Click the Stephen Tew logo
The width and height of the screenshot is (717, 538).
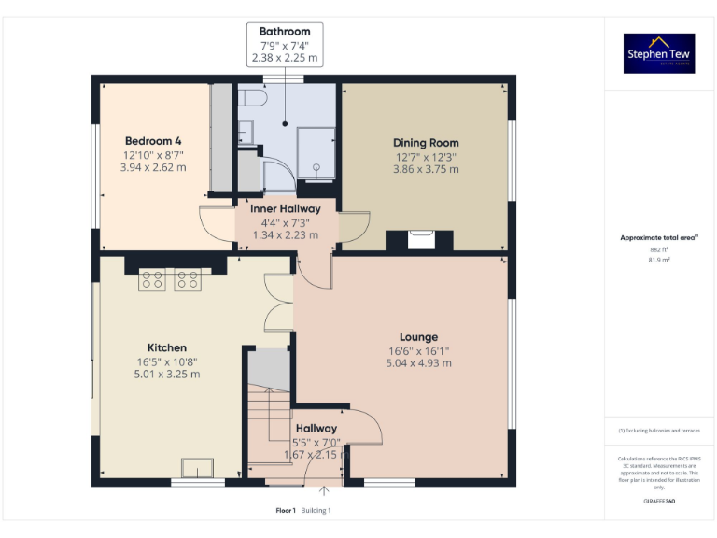point(659,54)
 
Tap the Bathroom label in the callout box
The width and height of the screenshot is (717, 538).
point(285,32)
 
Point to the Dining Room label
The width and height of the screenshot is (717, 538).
point(425,143)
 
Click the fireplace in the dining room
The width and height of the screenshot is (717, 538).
point(421,239)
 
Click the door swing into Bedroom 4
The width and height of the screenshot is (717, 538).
point(215,220)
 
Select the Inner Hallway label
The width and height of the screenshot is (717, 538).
point(285,208)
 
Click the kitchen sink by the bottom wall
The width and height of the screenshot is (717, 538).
point(197,467)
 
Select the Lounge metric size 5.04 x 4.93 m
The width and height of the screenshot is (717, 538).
point(419,363)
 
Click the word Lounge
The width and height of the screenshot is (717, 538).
point(419,337)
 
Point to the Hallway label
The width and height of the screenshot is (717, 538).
point(316,429)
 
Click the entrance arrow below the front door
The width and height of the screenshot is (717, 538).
point(324,490)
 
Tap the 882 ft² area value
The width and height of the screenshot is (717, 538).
point(659,249)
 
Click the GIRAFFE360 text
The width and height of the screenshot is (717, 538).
point(659,502)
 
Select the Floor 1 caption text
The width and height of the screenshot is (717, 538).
point(286,510)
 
